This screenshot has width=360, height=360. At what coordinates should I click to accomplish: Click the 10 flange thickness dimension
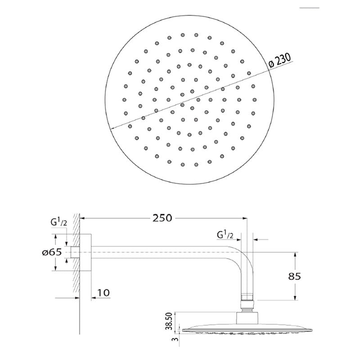tap(103, 293)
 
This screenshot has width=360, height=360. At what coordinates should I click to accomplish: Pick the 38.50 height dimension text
tap(167, 320)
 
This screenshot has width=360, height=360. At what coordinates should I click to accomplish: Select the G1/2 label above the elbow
tap(225, 235)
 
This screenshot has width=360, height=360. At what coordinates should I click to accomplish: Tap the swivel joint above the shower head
tap(247, 304)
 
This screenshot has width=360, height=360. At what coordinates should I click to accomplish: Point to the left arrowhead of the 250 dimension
tap(84, 218)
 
